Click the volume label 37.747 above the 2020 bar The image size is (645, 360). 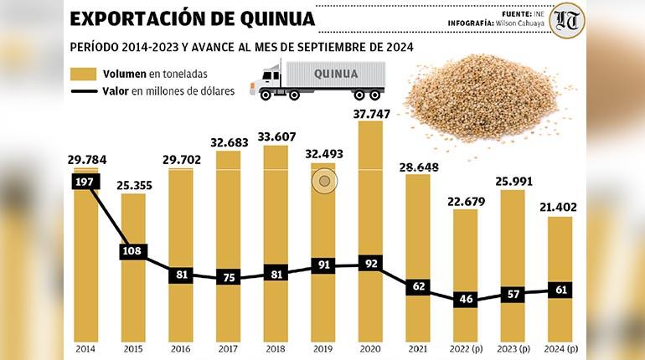tap(370, 114)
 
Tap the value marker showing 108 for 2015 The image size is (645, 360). tap(134, 250)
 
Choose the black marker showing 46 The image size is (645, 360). tap(465, 299)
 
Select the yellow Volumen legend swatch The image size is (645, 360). tap(84, 74)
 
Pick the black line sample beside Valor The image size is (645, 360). tap(84, 90)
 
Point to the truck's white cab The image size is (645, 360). tap(272, 80)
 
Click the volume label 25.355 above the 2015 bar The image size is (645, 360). tap(134, 185)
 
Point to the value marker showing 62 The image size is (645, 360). tap(418, 286)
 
